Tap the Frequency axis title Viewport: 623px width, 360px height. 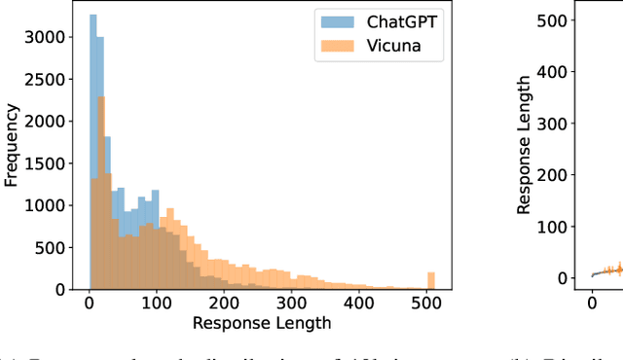(x=13, y=146)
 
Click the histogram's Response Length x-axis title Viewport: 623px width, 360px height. (x=263, y=323)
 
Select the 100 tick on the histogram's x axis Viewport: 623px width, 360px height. (x=156, y=303)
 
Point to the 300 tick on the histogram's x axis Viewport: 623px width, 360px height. (x=291, y=303)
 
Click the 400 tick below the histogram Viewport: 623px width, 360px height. (x=358, y=303)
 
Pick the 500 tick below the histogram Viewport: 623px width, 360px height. (x=426, y=303)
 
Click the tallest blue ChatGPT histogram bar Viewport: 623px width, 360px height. (x=92, y=156)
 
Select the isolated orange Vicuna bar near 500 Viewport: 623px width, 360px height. (x=431, y=281)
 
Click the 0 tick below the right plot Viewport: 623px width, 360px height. (x=592, y=303)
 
